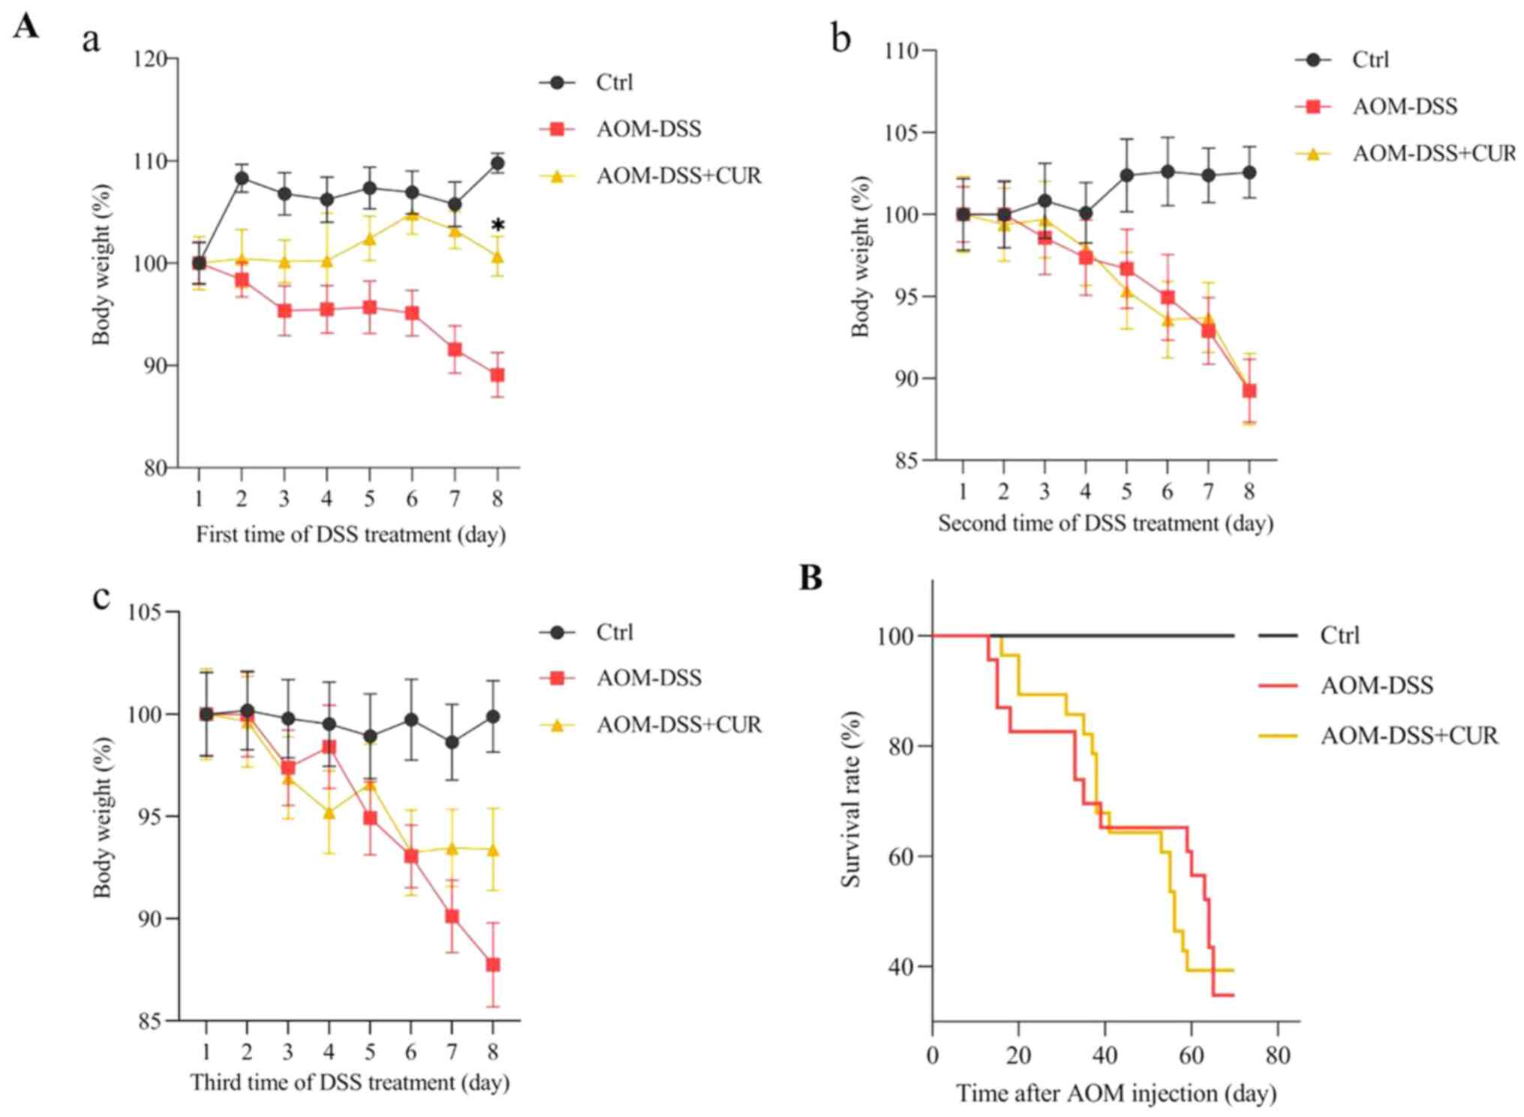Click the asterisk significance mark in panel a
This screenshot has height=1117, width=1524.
pyautogui.click(x=497, y=225)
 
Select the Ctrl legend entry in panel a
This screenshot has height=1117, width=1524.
pyautogui.click(x=614, y=83)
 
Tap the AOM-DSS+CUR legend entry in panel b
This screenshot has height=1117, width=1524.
pyautogui.click(x=1433, y=154)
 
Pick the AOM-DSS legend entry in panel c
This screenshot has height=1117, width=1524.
pyautogui.click(x=648, y=679)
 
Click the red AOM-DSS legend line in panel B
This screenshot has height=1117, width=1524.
pyautogui.click(x=1278, y=685)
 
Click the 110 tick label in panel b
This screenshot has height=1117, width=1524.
pyautogui.click(x=901, y=51)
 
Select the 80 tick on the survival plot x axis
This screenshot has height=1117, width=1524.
pyautogui.click(x=1277, y=1055)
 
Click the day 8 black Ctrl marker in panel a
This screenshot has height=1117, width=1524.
pyautogui.click(x=497, y=163)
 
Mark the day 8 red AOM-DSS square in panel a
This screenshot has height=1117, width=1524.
pyautogui.click(x=497, y=375)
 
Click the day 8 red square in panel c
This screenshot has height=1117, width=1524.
pyautogui.click(x=493, y=965)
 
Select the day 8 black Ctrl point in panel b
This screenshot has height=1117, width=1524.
pyautogui.click(x=1249, y=173)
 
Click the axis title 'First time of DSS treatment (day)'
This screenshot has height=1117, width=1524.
pyautogui.click(x=350, y=534)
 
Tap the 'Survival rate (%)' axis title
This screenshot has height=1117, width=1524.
pyautogui.click(x=850, y=799)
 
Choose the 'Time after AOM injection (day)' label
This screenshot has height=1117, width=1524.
pyautogui.click(x=1116, y=1093)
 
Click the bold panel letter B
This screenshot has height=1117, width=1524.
pyautogui.click(x=810, y=578)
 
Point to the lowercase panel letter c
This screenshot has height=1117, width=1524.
pyautogui.click(x=101, y=598)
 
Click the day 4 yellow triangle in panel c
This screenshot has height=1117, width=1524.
pyautogui.click(x=329, y=812)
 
